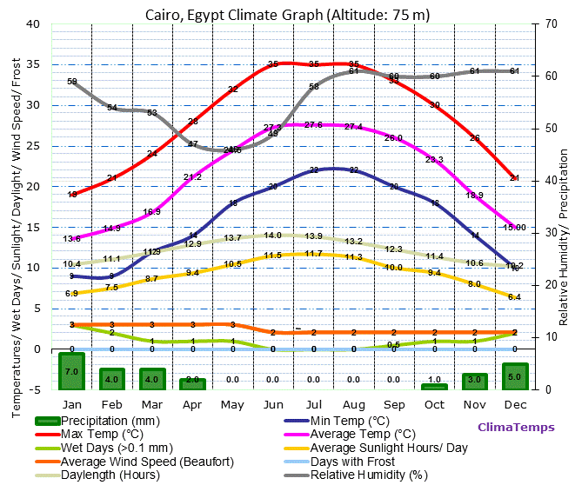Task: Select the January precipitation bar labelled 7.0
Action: (71, 371)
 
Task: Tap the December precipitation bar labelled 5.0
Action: (515, 376)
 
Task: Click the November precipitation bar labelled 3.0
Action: (475, 381)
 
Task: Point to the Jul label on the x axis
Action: (313, 405)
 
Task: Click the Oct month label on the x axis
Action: (434, 405)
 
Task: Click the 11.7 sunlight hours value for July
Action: (313, 254)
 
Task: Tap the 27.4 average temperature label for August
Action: (353, 127)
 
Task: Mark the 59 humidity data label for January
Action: (72, 82)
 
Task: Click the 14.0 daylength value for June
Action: (273, 236)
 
